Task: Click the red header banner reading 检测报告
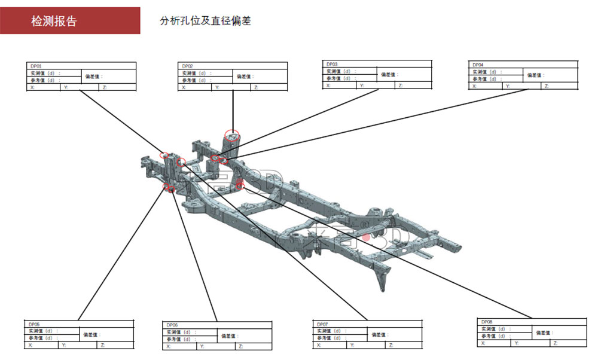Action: (70, 21)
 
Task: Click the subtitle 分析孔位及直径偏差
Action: (205, 21)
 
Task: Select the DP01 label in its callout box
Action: (36, 66)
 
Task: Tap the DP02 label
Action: (187, 66)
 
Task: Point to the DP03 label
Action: (332, 63)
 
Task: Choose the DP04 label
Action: (478, 64)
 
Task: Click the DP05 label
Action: (35, 324)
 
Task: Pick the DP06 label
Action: (172, 325)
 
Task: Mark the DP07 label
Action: (322, 324)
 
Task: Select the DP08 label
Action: (487, 322)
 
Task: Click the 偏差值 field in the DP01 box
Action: (94, 77)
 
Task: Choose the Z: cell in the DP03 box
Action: (401, 86)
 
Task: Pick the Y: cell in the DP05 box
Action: (64, 345)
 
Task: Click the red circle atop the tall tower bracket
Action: (231, 135)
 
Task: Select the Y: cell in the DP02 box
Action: (217, 87)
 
